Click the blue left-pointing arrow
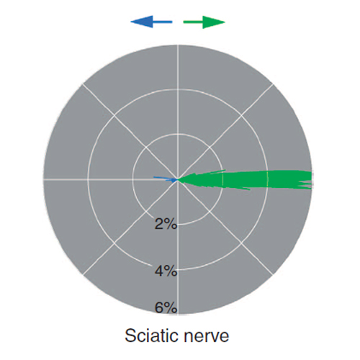coord(151,22)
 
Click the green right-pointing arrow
coord(204,22)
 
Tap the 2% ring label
coord(166,224)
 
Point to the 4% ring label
coord(166,271)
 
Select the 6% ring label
coord(166,307)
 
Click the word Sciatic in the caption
coord(150,336)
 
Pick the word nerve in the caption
coord(207,336)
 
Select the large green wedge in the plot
coord(245,179)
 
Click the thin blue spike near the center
coord(165,179)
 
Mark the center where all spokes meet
coord(178,179)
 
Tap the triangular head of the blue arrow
coord(142,22)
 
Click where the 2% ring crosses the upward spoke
coord(178,134)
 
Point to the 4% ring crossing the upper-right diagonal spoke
coord(241,116)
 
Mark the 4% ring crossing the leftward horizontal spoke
coord(88,179)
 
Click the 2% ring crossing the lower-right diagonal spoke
coord(210,211)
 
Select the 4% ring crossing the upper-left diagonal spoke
coord(114,116)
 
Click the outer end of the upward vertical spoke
coord(178,45)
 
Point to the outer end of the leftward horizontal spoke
coord(43,179)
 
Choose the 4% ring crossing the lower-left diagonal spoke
coord(114,243)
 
